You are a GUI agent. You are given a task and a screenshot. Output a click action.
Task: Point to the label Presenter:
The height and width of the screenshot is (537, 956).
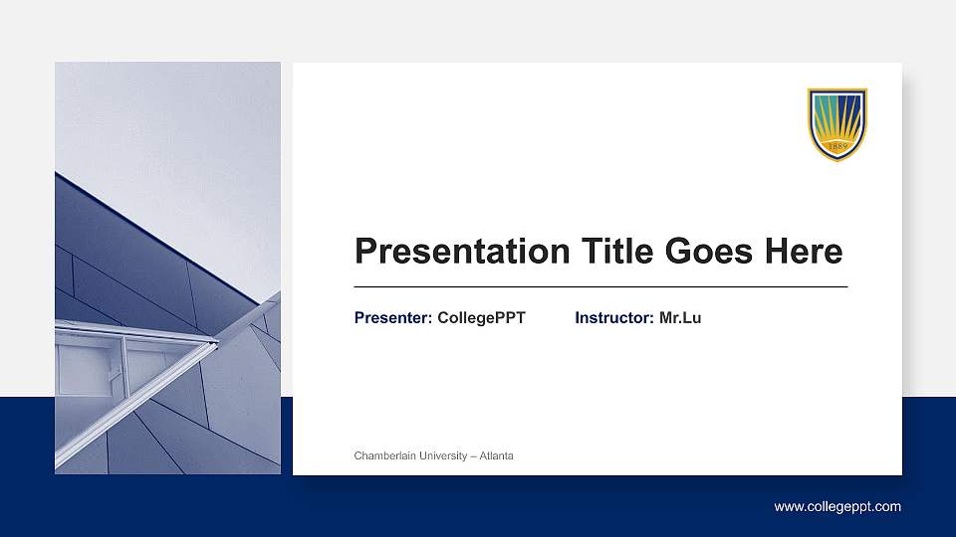[392, 318]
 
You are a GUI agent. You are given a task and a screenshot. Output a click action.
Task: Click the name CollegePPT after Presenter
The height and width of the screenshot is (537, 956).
[481, 318]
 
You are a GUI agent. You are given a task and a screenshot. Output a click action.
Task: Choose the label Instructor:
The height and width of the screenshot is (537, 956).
[613, 318]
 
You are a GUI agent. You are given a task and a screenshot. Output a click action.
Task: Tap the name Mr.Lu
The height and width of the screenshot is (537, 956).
[680, 318]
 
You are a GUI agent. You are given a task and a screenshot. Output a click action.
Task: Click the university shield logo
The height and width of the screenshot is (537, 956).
[836, 124]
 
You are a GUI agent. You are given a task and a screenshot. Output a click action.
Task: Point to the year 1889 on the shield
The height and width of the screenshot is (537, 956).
[836, 148]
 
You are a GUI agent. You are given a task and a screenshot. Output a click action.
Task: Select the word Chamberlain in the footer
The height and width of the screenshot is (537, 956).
[383, 455]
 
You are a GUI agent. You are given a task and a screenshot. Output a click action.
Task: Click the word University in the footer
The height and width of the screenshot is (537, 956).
[440, 455]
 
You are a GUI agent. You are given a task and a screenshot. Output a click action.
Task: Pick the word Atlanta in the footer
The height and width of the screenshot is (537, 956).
[496, 455]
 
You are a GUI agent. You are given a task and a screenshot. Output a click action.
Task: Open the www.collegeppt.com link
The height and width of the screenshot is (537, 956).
[837, 507]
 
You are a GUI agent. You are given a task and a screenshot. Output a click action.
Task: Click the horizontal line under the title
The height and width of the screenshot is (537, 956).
[600, 286]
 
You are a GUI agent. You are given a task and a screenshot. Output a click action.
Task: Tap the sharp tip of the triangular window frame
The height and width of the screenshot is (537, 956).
[216, 343]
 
